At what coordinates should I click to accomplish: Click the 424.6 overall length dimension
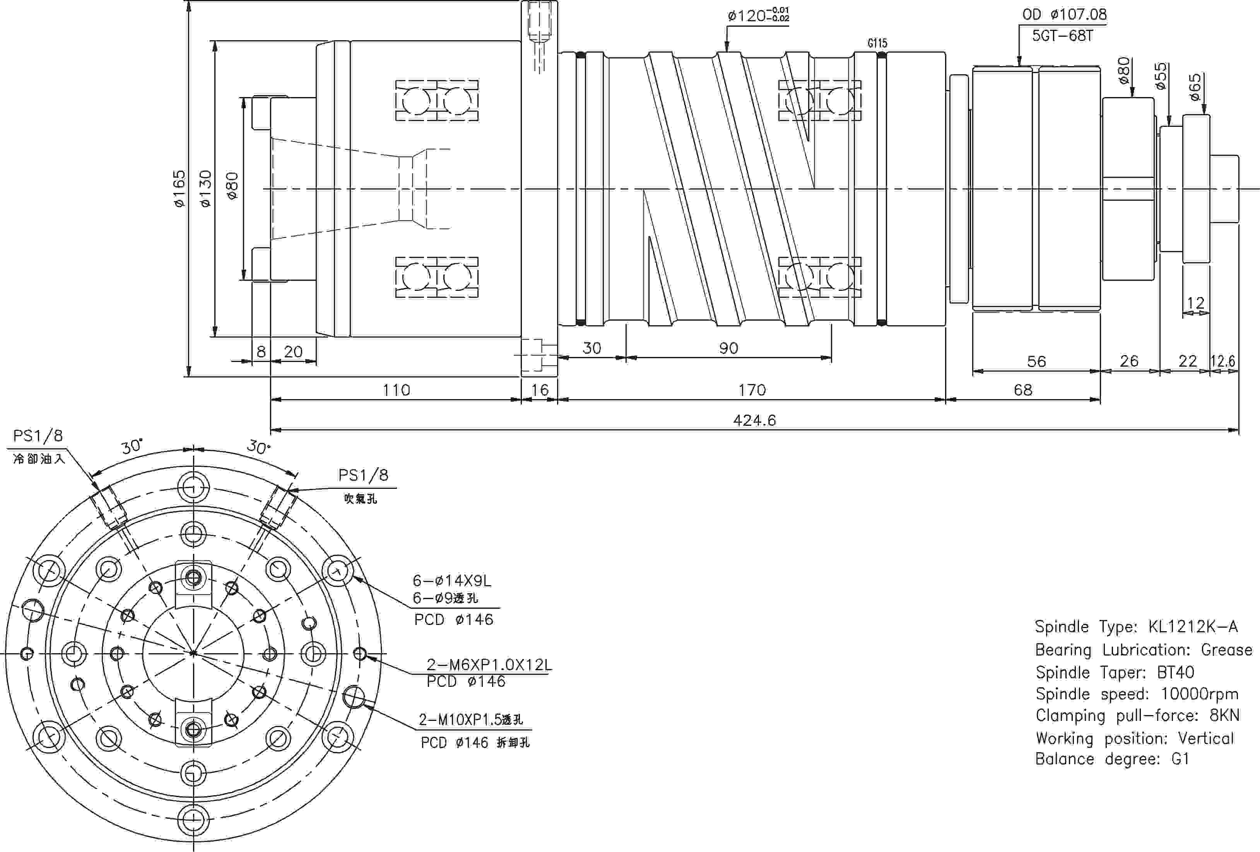tap(754, 420)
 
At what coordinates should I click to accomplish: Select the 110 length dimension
tap(396, 390)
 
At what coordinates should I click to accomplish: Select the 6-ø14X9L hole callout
tap(451, 581)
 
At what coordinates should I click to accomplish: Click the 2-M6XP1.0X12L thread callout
tap(489, 664)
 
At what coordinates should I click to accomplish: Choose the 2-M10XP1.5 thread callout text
tap(470, 720)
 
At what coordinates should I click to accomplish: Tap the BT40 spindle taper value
tap(1175, 673)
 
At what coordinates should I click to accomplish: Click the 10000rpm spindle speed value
tap(1199, 694)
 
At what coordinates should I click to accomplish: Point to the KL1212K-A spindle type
tap(1193, 627)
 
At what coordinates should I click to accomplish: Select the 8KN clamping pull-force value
tap(1224, 715)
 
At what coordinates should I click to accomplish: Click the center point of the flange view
tap(193, 654)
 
